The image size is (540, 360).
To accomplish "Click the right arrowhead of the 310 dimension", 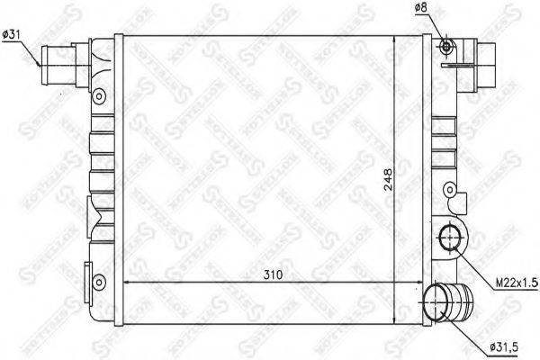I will click(x=421, y=282).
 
